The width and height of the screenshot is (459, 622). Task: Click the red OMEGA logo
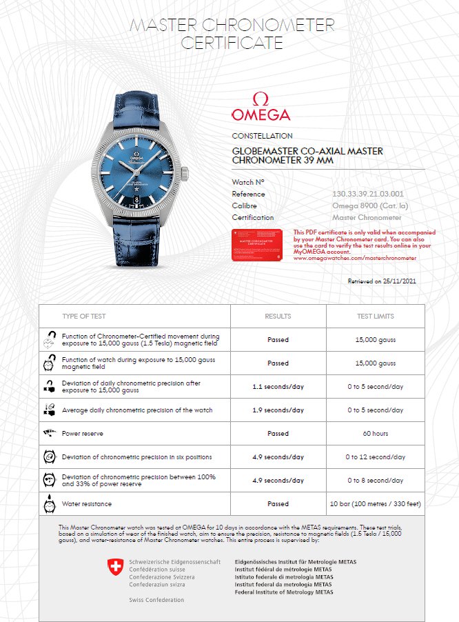tap(261, 108)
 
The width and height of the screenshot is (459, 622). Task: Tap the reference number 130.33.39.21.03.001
tap(368, 194)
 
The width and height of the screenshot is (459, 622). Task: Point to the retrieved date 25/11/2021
tap(382, 281)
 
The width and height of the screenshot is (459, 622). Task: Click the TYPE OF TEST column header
tap(84, 316)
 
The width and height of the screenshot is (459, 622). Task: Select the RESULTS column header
tap(278, 316)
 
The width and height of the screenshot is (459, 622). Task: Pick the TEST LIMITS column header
tap(376, 316)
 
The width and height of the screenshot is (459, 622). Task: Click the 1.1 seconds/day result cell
tap(278, 387)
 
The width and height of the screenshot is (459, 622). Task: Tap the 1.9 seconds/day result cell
tap(278, 410)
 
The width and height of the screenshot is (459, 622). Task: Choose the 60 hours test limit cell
tap(376, 434)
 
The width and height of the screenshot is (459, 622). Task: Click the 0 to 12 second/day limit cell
tap(376, 457)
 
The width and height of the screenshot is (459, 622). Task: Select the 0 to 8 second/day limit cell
tap(376, 481)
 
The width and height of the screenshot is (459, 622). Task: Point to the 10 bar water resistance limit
tap(376, 504)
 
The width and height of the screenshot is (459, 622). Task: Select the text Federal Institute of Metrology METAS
tap(284, 592)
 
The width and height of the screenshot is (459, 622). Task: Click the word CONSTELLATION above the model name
tap(262, 136)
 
